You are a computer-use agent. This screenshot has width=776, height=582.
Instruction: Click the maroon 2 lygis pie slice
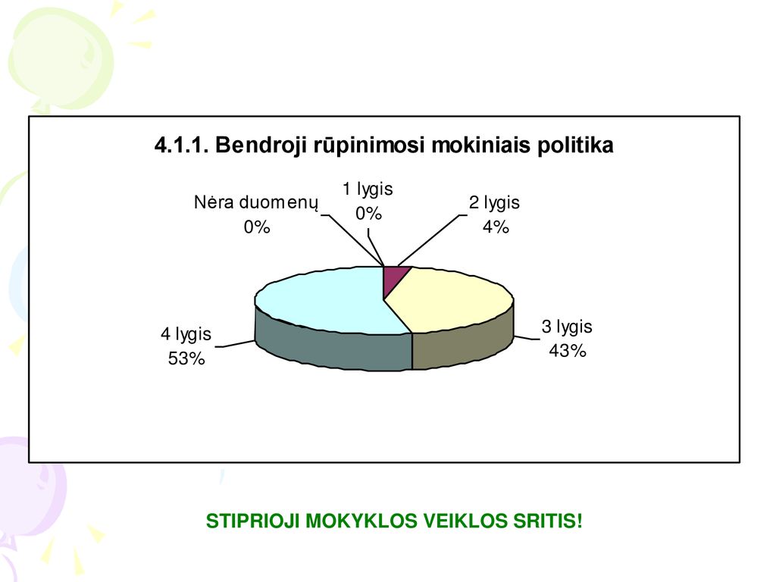394,278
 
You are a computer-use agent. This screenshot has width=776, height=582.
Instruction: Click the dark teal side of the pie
332,349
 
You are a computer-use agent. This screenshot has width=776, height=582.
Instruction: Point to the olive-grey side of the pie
463,345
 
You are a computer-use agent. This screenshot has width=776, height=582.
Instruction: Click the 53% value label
186,358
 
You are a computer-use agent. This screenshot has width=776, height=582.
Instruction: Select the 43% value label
568,351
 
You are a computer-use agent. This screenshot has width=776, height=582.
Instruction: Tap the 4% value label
496,227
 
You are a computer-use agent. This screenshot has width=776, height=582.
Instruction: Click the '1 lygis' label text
368,189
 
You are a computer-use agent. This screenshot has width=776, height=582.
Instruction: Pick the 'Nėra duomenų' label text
256,203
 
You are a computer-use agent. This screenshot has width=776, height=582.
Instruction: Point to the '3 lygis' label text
567,327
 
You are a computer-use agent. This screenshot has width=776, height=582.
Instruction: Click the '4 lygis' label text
186,334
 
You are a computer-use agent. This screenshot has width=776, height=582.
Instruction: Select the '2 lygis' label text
494,203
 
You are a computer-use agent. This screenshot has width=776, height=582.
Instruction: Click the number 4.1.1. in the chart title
182,145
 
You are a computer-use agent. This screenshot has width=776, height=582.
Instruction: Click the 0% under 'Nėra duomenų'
257,227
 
